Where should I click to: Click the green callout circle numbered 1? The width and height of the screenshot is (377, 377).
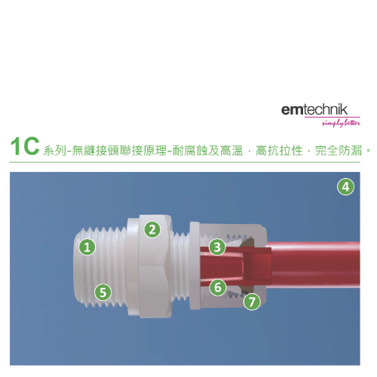point(87,247)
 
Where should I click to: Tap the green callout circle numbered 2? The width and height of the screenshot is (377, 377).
point(152,229)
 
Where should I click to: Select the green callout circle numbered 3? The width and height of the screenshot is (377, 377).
point(217,247)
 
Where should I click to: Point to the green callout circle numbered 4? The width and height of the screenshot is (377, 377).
point(346,187)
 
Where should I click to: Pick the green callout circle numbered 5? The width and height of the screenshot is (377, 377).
point(103,293)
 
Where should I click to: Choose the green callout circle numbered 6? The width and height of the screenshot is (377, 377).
point(218,287)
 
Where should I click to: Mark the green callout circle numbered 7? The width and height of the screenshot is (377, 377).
point(252,302)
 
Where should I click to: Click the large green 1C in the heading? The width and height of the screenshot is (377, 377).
point(25,146)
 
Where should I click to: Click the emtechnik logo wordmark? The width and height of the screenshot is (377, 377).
point(314,109)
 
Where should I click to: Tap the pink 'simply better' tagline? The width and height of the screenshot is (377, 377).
point(341,123)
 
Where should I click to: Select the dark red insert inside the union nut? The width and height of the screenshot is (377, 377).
point(256,264)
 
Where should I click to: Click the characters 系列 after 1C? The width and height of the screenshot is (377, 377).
point(55,151)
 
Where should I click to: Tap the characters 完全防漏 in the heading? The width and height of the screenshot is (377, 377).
point(339,151)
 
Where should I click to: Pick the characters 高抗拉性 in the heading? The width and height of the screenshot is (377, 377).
point(279,151)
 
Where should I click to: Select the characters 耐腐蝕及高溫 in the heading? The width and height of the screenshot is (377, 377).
point(207,151)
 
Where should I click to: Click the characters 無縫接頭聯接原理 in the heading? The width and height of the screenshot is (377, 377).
point(119,151)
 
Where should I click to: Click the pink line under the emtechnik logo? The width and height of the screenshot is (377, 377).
point(333,117)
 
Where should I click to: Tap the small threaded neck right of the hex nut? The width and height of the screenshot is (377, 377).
point(181,266)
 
